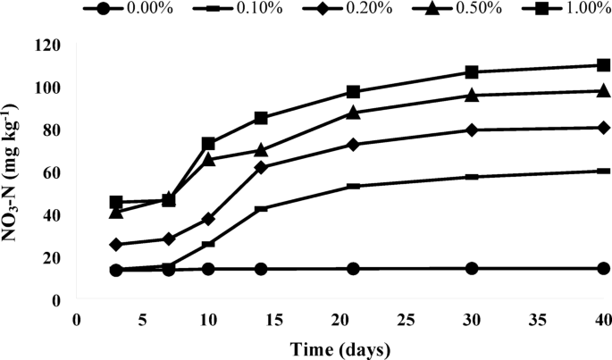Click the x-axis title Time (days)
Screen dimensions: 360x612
coord(340,347)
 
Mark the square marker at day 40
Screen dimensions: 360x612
coord(603,65)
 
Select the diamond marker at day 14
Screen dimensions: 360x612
coord(261,167)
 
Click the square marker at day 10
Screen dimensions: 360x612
coord(208,144)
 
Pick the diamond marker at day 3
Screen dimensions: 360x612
coord(116,244)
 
